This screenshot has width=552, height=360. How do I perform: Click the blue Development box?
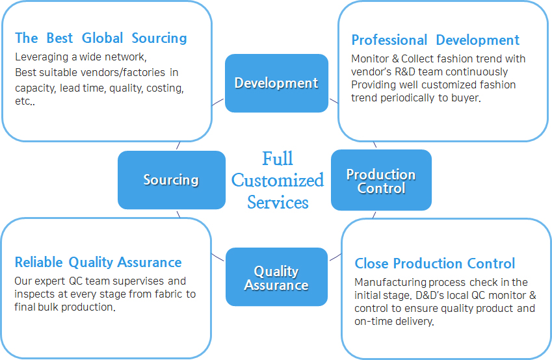tap(276, 83)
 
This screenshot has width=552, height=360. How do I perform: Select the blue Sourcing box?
tap(172, 180)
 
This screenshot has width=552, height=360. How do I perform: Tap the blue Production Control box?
tap(381, 180)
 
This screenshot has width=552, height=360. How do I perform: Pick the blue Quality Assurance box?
tap(276, 277)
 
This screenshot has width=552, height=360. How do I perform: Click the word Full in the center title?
tap(278, 159)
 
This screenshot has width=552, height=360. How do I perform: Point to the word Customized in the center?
tap(278, 180)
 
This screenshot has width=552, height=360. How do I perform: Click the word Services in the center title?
tap(278, 202)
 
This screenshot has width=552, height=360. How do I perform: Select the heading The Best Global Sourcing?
tap(101, 38)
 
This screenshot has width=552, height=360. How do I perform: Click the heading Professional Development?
tap(436, 40)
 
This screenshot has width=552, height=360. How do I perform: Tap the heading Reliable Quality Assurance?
tap(98, 262)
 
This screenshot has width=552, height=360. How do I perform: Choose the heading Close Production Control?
tap(435, 263)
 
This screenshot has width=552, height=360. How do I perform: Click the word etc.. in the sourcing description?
tap(25, 101)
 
